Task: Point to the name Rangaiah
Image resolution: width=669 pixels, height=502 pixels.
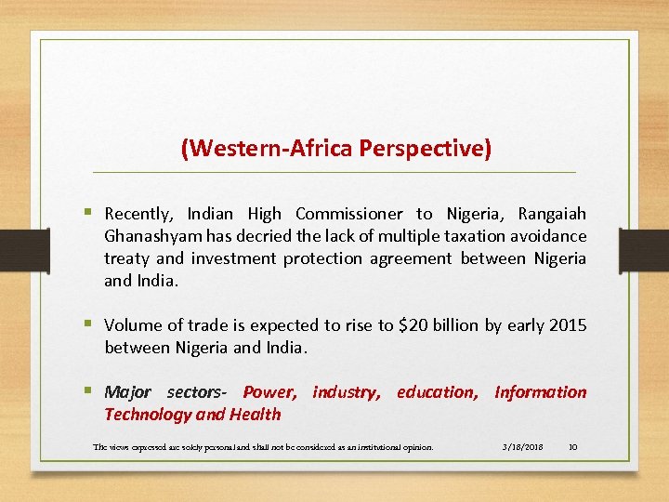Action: click(x=552, y=215)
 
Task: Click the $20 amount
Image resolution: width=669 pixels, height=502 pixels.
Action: click(x=414, y=325)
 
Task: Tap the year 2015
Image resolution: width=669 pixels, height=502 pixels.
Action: click(x=567, y=325)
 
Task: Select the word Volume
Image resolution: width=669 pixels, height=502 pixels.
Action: click(x=132, y=325)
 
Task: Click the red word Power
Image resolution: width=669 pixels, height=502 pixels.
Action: click(x=269, y=392)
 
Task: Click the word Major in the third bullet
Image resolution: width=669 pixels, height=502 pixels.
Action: click(x=127, y=392)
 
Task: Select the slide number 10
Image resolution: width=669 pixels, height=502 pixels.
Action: click(x=572, y=447)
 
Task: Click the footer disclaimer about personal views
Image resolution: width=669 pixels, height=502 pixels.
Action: click(x=263, y=447)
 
